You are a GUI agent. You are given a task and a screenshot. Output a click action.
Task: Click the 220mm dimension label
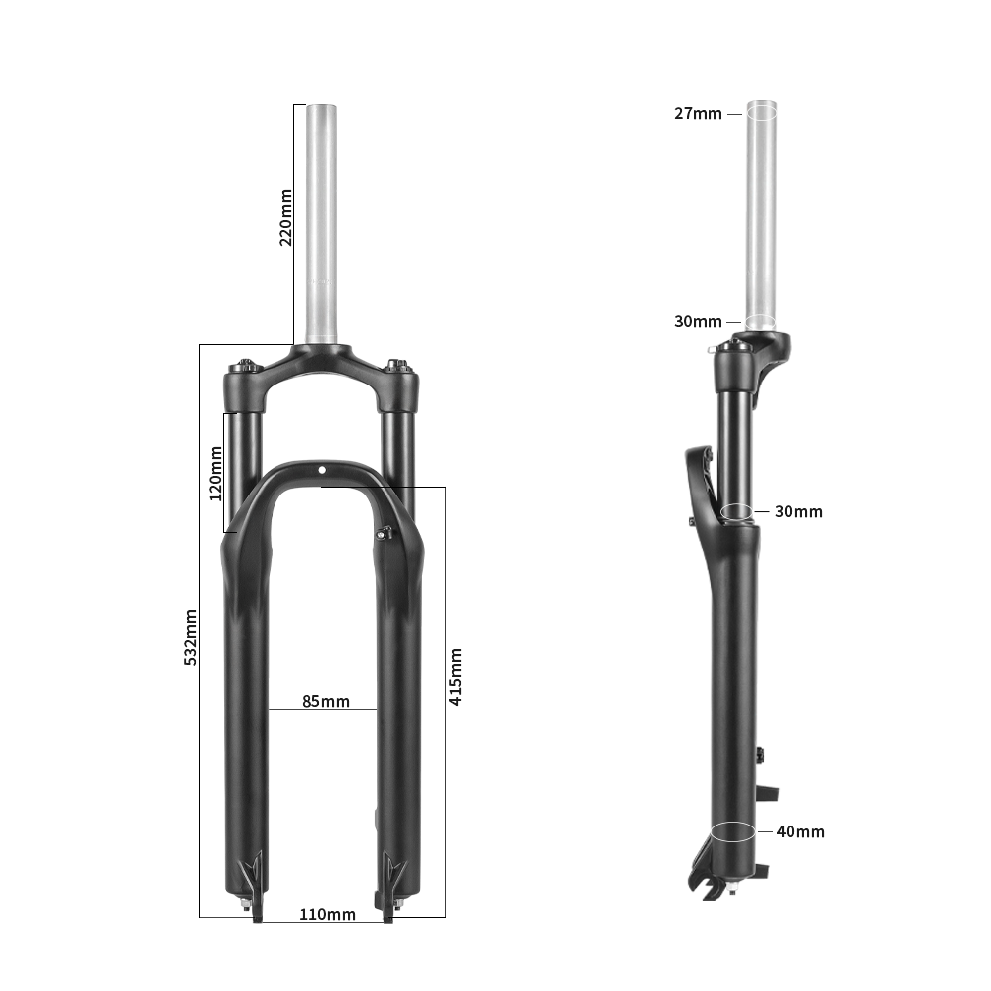pos(285,217)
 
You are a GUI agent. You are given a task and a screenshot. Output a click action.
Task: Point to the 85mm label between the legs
pos(326,701)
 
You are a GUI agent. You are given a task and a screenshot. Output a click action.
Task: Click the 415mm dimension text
pos(456,677)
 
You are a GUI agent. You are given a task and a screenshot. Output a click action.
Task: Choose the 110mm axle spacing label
pos(327,914)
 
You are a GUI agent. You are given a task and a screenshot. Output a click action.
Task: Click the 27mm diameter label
pos(698,113)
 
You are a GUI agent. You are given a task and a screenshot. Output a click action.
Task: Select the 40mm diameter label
pos(800,831)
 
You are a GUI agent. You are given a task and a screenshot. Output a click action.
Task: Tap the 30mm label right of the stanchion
pos(799,512)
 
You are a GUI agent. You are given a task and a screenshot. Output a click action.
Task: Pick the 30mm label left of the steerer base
pos(698,321)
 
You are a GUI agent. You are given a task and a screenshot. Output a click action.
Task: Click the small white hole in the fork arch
pos(322,470)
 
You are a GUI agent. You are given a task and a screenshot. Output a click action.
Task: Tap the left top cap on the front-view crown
pos(245,365)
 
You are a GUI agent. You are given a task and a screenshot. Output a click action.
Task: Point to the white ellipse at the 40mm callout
pos(734,830)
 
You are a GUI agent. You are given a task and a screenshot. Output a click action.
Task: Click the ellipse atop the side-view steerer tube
pos(761,110)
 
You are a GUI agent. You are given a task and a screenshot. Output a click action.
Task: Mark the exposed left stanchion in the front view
pos(246,466)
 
